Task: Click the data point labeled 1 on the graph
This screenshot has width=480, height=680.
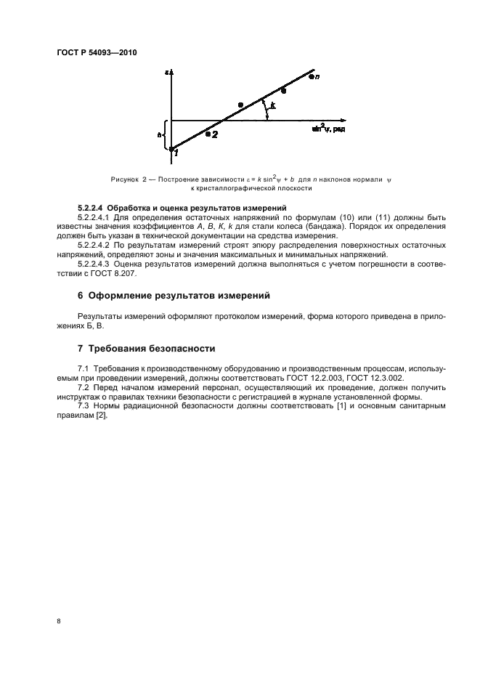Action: click(x=171, y=150)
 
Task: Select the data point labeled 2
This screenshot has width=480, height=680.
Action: click(x=208, y=134)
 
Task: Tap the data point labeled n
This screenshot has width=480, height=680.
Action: click(x=311, y=76)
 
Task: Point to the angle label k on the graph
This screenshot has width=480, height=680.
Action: click(x=272, y=106)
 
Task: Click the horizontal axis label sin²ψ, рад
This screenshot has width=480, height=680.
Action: click(x=328, y=129)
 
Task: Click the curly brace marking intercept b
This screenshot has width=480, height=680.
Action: click(x=165, y=135)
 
